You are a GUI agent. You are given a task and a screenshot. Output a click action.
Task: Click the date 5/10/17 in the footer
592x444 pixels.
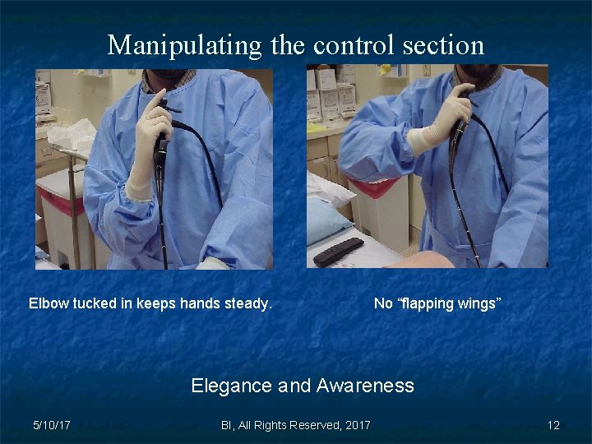pyautogui.click(x=51, y=425)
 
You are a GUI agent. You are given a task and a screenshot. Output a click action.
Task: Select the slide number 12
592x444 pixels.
pyautogui.click(x=553, y=425)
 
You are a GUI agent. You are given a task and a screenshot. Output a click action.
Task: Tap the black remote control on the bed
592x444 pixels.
pyautogui.click(x=338, y=251)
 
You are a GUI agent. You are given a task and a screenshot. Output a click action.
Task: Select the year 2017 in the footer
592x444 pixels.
pyautogui.click(x=357, y=425)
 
